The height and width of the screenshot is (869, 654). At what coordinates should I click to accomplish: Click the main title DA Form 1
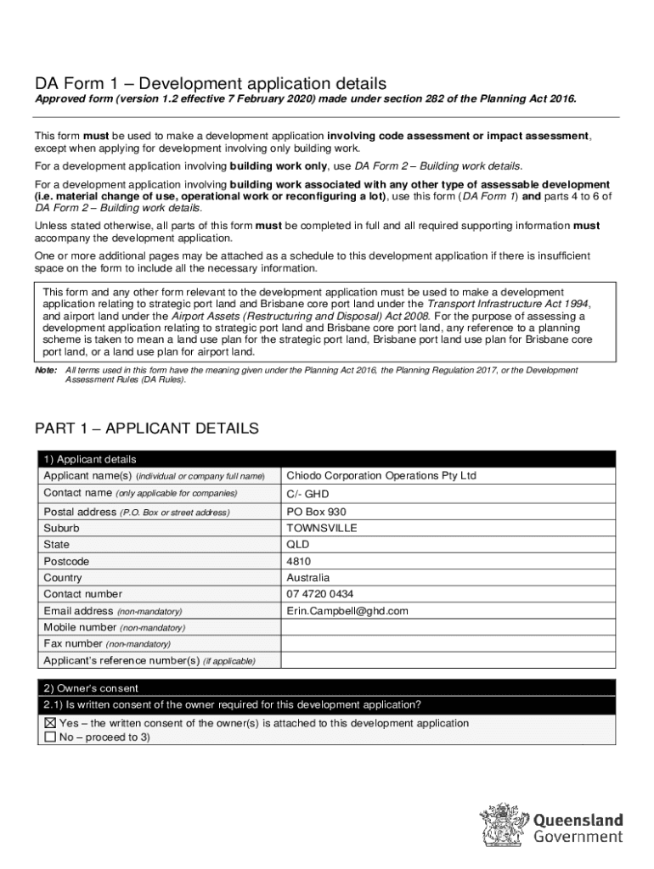tap(210, 83)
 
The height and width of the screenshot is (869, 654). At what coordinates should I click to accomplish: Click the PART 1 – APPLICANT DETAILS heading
tap(146, 429)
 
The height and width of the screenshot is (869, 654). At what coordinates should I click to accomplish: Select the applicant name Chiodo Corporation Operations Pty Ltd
tap(381, 476)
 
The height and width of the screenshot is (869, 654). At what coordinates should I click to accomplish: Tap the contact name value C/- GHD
tap(307, 494)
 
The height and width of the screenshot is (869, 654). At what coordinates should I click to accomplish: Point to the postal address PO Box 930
tap(316, 512)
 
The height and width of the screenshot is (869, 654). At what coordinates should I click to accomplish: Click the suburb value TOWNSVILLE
tap(322, 528)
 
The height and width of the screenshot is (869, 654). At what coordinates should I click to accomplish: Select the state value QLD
tap(298, 545)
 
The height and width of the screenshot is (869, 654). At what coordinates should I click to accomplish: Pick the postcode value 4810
tap(299, 562)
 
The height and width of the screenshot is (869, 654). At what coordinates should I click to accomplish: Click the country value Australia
tap(308, 578)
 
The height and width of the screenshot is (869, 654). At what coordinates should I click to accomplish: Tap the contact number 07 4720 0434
tap(320, 594)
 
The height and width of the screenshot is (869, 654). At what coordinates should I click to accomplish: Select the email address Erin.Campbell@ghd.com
tap(347, 611)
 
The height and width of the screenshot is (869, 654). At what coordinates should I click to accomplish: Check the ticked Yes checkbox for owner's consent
tap(49, 724)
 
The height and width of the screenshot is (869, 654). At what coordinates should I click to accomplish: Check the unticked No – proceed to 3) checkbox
tap(49, 737)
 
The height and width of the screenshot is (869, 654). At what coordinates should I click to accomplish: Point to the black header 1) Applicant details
tap(89, 459)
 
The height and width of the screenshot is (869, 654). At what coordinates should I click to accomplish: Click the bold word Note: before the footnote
tap(45, 371)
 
